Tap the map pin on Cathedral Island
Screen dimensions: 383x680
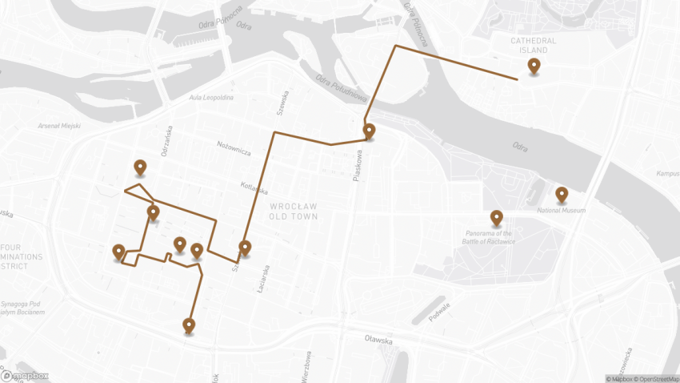click(x=534, y=67)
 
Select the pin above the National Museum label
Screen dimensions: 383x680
click(x=562, y=195)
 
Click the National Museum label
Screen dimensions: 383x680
click(x=562, y=211)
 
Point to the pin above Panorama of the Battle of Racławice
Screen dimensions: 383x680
click(x=496, y=218)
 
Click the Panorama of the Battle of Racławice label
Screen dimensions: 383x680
click(x=490, y=237)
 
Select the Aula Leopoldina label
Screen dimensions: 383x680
click(x=211, y=98)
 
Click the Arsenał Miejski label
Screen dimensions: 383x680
click(x=60, y=126)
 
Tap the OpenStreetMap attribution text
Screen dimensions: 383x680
click(x=654, y=378)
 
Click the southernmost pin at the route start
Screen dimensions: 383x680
click(x=189, y=325)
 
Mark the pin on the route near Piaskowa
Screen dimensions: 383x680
click(x=369, y=131)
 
